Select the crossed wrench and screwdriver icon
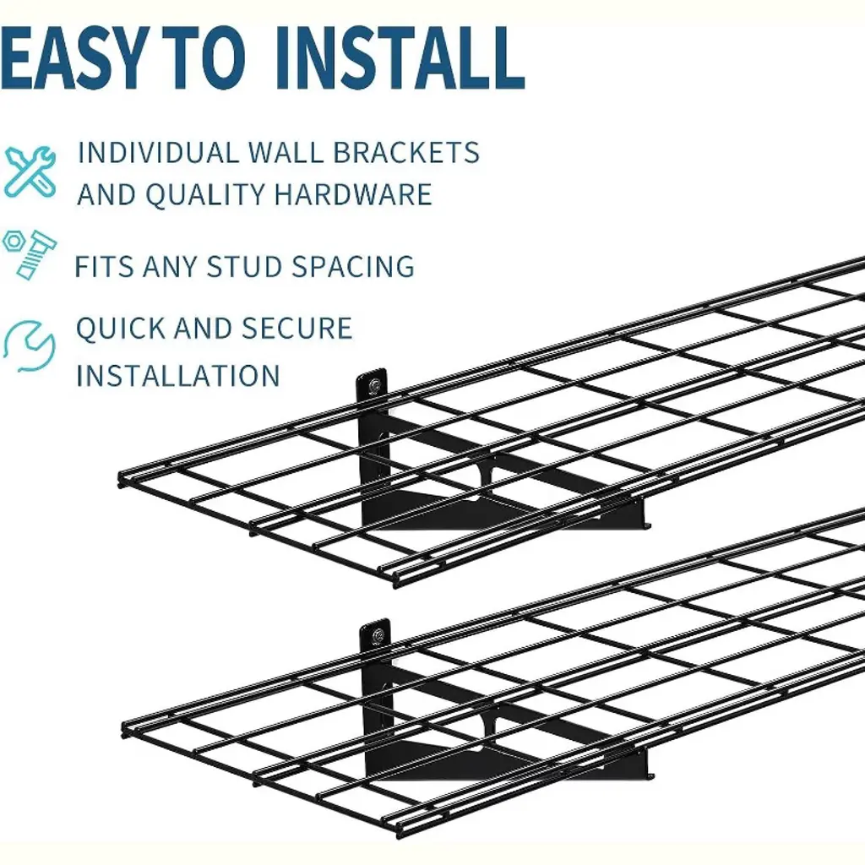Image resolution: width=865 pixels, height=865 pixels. (30, 172)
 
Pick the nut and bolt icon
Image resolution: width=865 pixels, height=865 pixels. (30, 254)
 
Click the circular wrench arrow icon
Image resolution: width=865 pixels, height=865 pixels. (30, 345)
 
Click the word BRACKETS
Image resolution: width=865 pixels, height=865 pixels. (406, 152)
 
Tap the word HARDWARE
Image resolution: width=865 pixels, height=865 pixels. (353, 194)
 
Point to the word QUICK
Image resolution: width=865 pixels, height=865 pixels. (119, 329)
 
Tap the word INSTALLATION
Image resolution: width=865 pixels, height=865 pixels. (178, 376)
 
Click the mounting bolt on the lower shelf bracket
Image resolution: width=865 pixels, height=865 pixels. (378, 635)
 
